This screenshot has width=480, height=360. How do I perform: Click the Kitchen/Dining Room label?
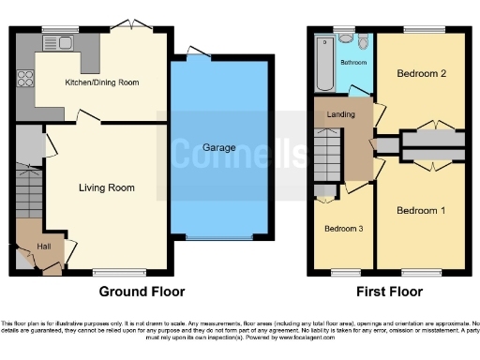(100, 83)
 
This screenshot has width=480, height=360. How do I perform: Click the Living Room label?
(105, 188)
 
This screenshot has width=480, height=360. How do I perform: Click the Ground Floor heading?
(142, 292)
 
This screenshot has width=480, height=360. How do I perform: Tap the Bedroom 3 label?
(343, 229)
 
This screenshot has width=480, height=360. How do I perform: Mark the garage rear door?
(198, 50)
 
